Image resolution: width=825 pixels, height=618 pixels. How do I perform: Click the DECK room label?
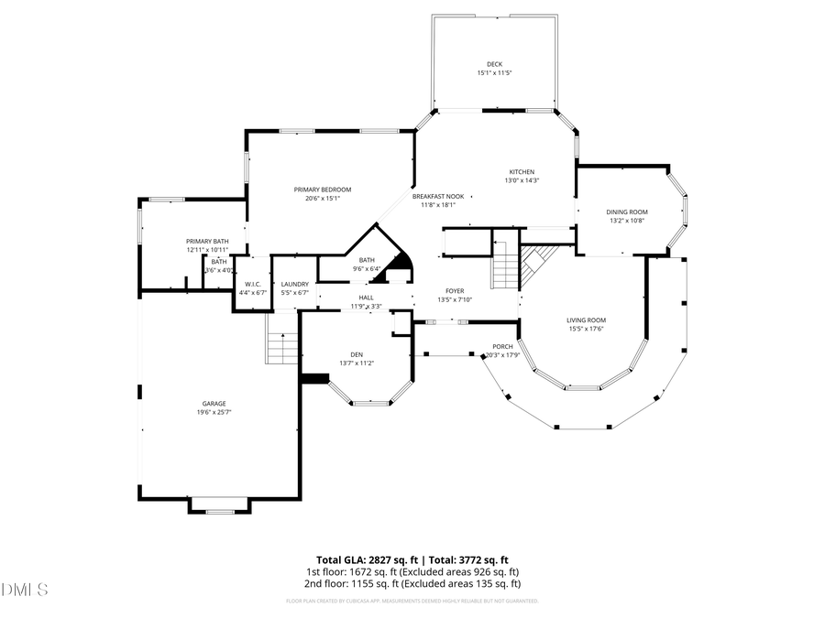click(494, 64)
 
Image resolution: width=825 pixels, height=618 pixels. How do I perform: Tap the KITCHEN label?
click(522, 172)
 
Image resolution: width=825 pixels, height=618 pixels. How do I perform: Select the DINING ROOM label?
click(628, 211)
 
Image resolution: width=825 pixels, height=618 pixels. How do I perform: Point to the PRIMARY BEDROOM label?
click(322, 190)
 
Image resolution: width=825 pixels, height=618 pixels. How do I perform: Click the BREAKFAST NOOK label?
click(437, 196)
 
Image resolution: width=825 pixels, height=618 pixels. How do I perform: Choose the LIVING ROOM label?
click(586, 320)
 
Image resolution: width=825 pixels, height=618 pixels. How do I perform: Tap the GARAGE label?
click(214, 404)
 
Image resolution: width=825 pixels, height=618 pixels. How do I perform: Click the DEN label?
click(357, 354)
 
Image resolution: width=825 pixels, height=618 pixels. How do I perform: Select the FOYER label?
click(455, 291)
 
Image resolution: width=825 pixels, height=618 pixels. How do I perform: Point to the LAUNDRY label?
click(294, 284)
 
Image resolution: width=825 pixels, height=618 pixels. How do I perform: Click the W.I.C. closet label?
click(252, 284)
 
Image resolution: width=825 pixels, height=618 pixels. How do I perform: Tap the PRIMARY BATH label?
click(207, 241)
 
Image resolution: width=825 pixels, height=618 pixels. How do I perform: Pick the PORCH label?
click(502, 347)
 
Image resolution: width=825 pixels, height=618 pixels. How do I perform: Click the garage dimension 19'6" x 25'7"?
click(214, 413)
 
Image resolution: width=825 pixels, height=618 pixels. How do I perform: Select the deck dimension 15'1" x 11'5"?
click(494, 72)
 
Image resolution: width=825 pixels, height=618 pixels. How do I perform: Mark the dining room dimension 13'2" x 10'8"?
click(628, 220)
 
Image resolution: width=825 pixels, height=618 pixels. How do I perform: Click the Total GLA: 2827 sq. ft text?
click(363, 558)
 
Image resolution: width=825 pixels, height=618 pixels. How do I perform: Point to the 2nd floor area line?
click(412, 583)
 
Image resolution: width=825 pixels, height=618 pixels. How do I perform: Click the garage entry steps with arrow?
click(280, 347)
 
